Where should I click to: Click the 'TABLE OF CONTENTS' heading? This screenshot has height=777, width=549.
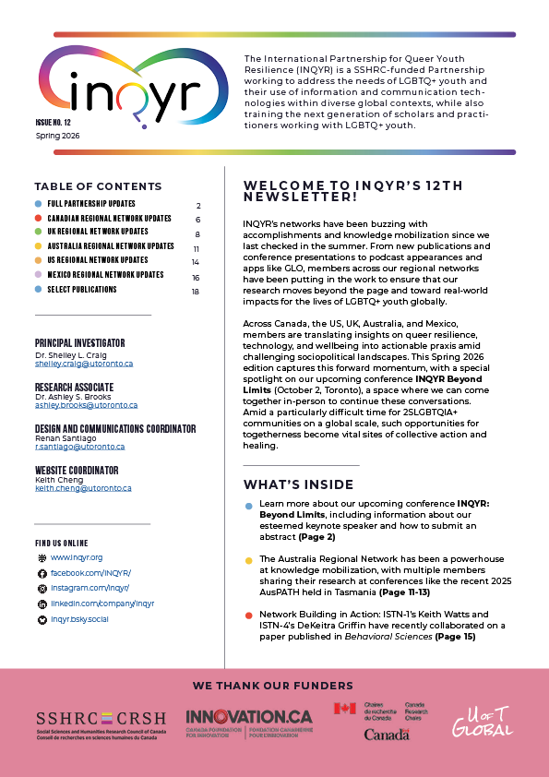(98, 186)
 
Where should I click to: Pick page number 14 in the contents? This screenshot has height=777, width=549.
(196, 261)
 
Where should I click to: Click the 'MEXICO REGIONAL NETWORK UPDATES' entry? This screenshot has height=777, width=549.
(105, 275)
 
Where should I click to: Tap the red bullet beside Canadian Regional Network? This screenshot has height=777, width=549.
(38, 219)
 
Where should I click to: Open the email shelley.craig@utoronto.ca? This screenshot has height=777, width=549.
(84, 364)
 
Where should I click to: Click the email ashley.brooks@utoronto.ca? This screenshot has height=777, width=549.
(86, 405)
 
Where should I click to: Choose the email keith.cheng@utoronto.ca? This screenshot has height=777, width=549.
(83, 488)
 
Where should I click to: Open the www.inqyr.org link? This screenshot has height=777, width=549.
(77, 557)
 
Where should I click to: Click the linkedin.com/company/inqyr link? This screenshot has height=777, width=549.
(101, 604)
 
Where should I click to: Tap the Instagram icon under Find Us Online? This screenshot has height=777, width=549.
(41, 588)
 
